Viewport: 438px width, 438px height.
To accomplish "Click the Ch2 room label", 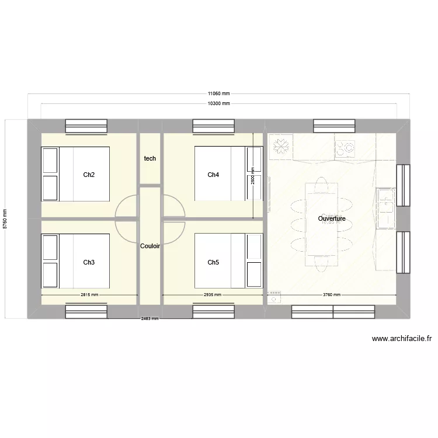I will click(89, 175).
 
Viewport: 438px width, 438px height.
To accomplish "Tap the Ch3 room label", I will click(89, 262).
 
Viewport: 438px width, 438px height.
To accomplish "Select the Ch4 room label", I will click(213, 175).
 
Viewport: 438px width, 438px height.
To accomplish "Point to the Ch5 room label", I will click(213, 262).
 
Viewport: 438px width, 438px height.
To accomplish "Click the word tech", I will click(150, 158).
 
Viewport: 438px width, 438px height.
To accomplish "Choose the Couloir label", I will click(150, 246).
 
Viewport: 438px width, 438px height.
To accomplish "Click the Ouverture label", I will click(332, 218).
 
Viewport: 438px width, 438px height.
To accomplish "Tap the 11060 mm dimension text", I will click(218, 93).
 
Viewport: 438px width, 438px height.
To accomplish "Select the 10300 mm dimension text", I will click(218, 103).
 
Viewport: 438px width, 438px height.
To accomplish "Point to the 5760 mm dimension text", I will click(5, 220).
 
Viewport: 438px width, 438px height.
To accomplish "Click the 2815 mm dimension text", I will click(89, 295).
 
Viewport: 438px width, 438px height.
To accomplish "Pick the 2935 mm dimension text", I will click(213, 295).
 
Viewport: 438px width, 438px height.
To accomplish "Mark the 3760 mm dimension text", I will click(332, 295).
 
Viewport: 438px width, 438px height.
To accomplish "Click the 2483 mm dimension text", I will click(150, 319).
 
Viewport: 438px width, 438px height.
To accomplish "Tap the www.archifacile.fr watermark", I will click(401, 338).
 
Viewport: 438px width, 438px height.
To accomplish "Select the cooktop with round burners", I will click(345, 147).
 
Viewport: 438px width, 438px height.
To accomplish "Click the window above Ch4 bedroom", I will click(213, 126).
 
